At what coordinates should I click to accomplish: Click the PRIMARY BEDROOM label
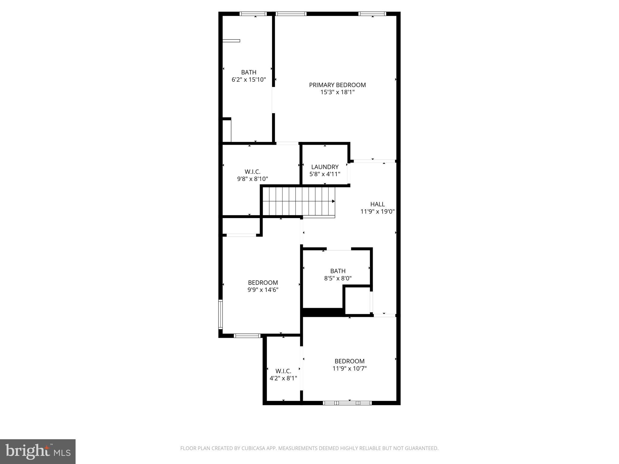click(x=337, y=85)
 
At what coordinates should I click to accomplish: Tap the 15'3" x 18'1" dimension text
click(x=337, y=92)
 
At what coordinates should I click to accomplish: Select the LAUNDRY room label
click(x=325, y=167)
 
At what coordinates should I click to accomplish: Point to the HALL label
click(x=378, y=204)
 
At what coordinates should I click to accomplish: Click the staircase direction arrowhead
click(x=333, y=201)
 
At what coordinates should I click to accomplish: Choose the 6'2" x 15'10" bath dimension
click(x=249, y=80)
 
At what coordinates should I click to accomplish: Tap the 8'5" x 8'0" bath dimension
click(x=338, y=278)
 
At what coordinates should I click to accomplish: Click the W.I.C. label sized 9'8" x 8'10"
click(x=252, y=172)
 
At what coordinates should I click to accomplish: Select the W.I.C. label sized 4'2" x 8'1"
click(x=283, y=371)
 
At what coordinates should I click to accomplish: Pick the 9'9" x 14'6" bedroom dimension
click(x=263, y=290)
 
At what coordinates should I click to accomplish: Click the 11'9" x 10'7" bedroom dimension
click(x=350, y=369)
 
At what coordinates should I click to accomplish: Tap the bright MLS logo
click(x=38, y=452)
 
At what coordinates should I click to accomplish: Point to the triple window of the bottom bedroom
click(x=347, y=403)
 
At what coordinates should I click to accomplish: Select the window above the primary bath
click(x=253, y=14)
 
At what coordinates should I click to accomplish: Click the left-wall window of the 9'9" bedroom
click(x=221, y=314)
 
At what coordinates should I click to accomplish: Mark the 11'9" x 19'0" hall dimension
click(x=378, y=211)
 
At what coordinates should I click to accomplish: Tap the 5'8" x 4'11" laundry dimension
click(x=325, y=174)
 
